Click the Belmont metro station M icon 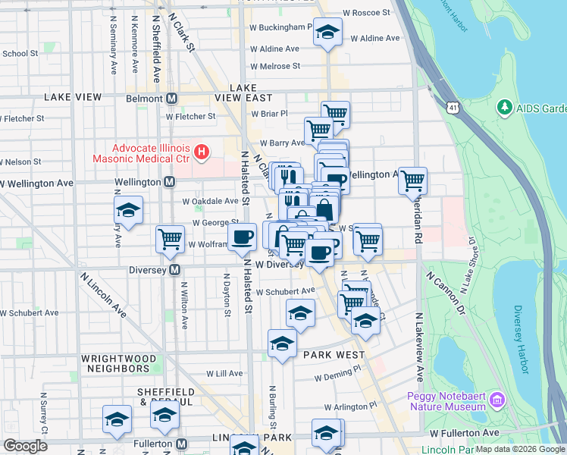click(172, 99)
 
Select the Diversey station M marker click(175, 270)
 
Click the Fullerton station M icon click(181, 443)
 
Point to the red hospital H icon click(201, 152)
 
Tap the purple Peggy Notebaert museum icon click(497, 399)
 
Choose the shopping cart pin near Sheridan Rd click(412, 180)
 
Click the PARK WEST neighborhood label click(334, 354)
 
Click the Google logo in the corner click(25, 446)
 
